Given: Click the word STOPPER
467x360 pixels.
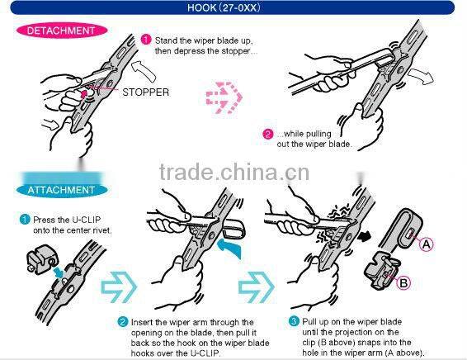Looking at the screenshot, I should coord(145,92).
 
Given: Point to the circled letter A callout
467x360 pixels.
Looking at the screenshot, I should coord(426,244).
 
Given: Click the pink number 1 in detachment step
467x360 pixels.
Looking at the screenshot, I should coord(145,39).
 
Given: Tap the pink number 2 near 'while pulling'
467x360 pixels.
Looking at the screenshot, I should coord(267,135).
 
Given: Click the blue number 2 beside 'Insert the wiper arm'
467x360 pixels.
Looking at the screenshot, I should coord(123,320).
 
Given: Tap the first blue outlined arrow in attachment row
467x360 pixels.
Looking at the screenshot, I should coord(116,288).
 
